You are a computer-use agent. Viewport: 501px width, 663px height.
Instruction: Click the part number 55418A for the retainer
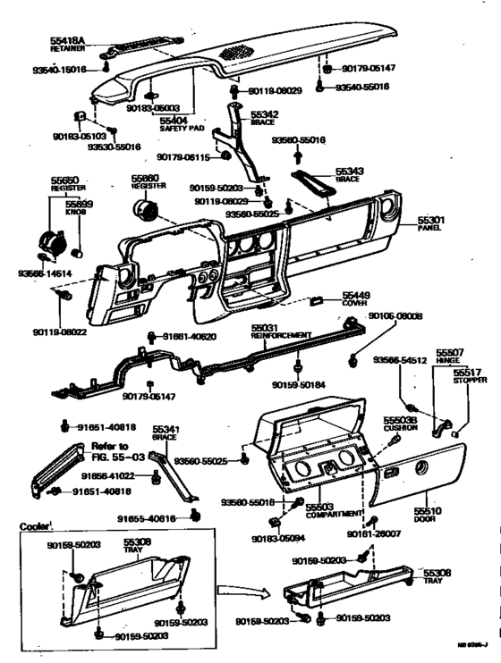click(x=67, y=41)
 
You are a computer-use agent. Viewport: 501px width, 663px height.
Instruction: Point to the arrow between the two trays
click(x=240, y=590)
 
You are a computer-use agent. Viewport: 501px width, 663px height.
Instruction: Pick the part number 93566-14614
click(x=41, y=273)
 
